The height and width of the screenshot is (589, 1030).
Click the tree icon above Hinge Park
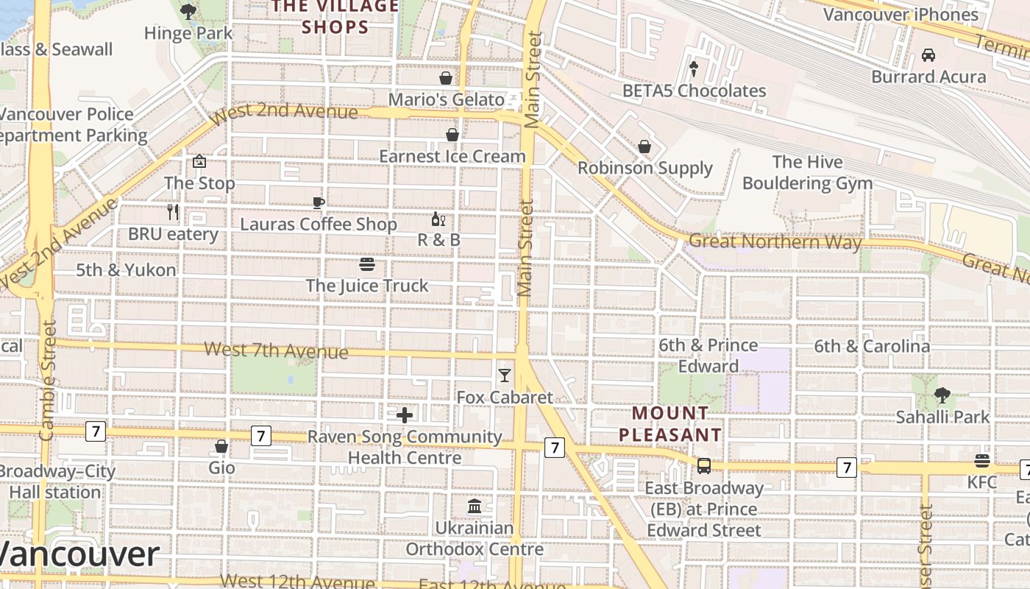[188, 11]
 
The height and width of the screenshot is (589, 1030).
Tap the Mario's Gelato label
[446, 99]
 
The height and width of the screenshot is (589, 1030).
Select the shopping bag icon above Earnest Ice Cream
[452, 135]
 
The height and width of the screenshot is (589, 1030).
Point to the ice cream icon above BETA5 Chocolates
[693, 68]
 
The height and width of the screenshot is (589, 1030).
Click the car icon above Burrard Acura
[928, 55]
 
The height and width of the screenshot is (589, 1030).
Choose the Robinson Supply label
[644, 168]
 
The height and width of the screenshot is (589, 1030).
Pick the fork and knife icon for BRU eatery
[173, 213]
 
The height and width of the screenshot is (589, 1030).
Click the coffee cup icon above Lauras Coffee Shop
[318, 202]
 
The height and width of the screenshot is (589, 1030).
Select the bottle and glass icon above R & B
[438, 219]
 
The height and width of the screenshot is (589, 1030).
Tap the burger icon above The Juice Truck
[366, 264]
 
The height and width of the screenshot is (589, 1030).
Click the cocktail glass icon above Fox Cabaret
[504, 375]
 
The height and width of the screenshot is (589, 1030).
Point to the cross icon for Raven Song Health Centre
[404, 415]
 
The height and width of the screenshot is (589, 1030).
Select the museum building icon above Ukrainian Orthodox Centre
[475, 507]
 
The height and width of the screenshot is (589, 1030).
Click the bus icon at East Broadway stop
[704, 466]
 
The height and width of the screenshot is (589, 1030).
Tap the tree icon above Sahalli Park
[942, 395]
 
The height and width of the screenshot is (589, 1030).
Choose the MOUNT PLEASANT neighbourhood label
[669, 424]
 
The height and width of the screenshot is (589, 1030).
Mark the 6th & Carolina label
[871, 346]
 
